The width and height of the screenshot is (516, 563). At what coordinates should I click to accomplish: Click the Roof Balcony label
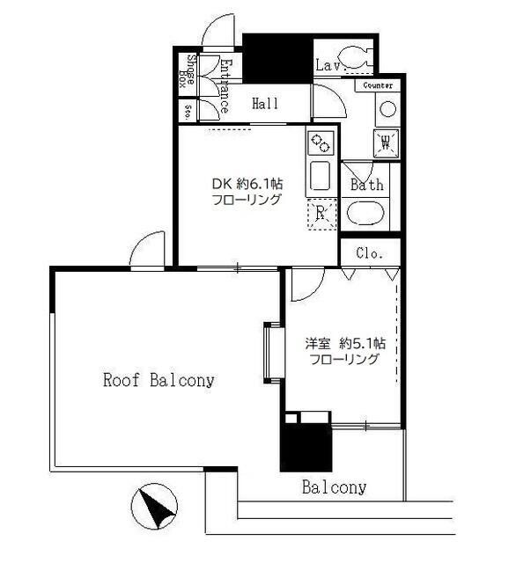pyautogui.click(x=159, y=381)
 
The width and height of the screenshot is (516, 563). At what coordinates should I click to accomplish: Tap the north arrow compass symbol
pyautogui.click(x=153, y=508)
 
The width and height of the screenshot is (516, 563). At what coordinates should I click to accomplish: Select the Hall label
pyautogui.click(x=265, y=104)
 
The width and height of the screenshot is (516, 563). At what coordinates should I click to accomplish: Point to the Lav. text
pyautogui.click(x=328, y=65)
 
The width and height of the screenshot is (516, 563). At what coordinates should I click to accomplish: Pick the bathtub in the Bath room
pyautogui.click(x=367, y=214)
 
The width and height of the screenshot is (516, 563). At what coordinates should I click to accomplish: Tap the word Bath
pyautogui.click(x=367, y=186)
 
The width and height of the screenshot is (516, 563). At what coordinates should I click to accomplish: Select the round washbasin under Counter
pyautogui.click(x=387, y=108)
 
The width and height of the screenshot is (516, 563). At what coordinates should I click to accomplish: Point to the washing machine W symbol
pyautogui.click(x=387, y=141)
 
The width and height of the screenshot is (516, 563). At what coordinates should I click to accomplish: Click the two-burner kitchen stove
pyautogui.click(x=320, y=141)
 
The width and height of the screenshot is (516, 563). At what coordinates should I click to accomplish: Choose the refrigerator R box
pyautogui.click(x=321, y=214)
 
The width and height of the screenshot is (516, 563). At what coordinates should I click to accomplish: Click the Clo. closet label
pyautogui.click(x=370, y=253)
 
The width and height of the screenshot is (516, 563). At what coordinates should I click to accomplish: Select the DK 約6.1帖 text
pyautogui.click(x=247, y=185)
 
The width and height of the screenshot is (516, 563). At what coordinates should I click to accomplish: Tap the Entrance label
pyautogui.click(x=224, y=86)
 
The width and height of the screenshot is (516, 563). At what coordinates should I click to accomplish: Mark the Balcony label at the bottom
pyautogui.click(x=334, y=487)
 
